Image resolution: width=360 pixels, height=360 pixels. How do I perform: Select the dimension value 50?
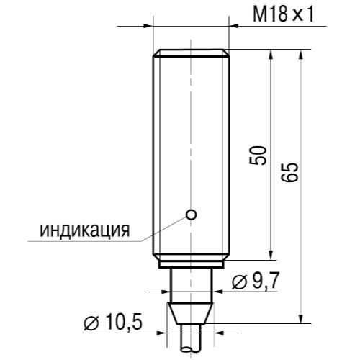tap(258, 155)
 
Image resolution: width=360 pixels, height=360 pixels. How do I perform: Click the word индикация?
tap(84, 230)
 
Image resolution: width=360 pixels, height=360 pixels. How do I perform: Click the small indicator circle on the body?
tap(191, 213)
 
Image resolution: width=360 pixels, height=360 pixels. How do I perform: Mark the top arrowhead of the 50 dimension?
tap(271, 55)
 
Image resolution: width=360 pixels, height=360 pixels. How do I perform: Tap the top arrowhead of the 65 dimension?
tap(300, 55)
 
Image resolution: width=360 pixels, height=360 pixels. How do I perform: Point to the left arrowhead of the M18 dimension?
tap(149, 26)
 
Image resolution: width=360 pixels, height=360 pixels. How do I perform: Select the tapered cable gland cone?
tap(192, 315)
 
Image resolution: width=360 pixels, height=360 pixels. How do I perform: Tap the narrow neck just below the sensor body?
tap(192, 281)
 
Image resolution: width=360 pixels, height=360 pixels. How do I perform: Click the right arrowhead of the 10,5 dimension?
tap(220, 333)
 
